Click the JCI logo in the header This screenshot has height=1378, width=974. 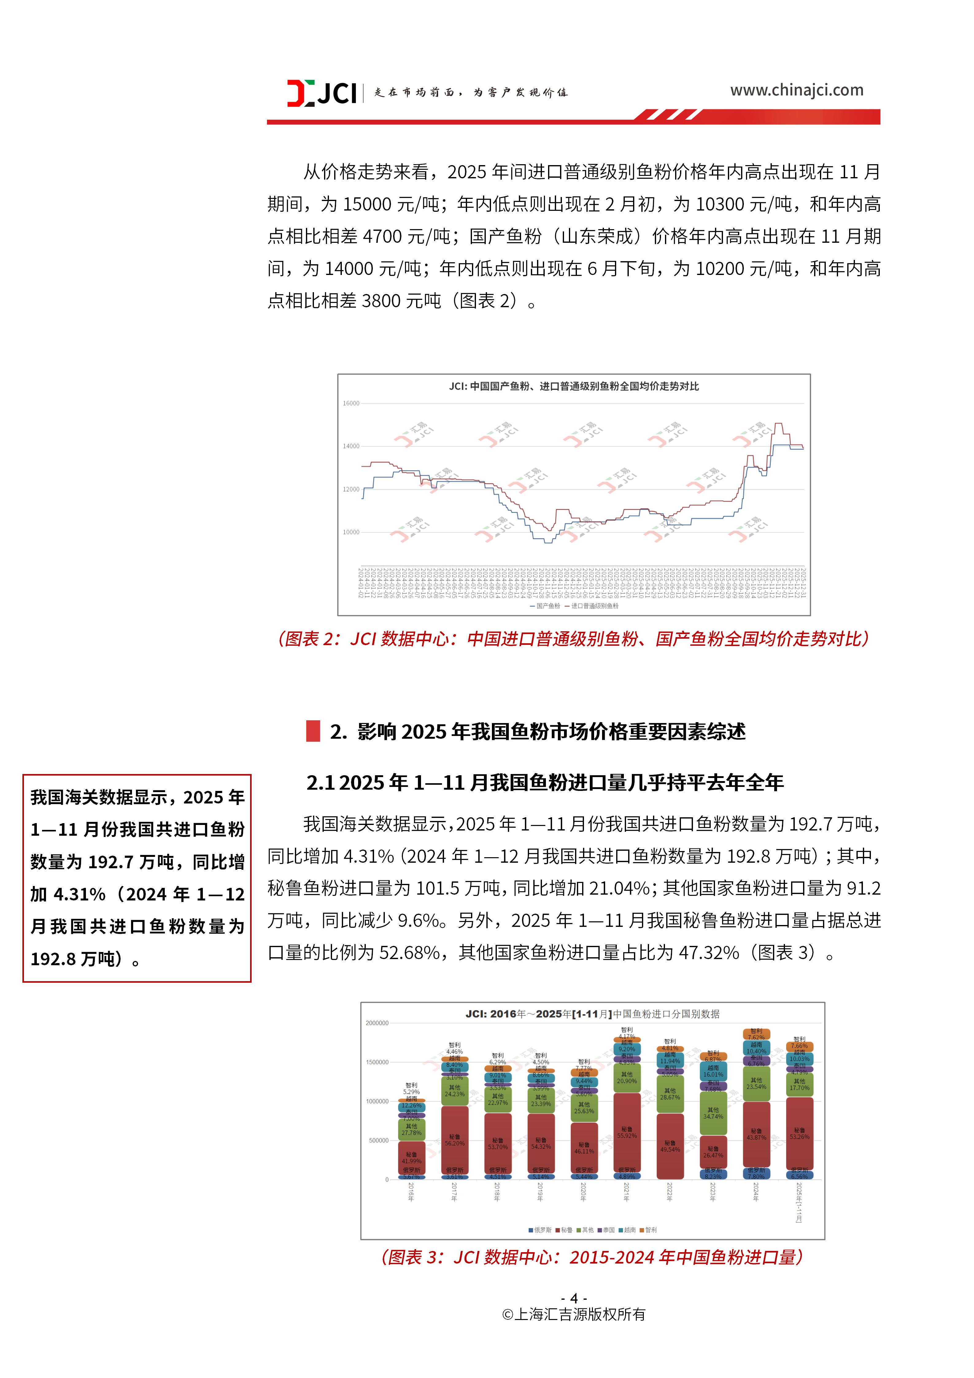click(x=322, y=93)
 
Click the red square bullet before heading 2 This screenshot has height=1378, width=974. click(x=313, y=731)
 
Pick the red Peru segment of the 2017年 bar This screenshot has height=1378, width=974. click(x=454, y=1140)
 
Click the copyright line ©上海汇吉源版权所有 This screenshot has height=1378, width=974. click(x=574, y=1314)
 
